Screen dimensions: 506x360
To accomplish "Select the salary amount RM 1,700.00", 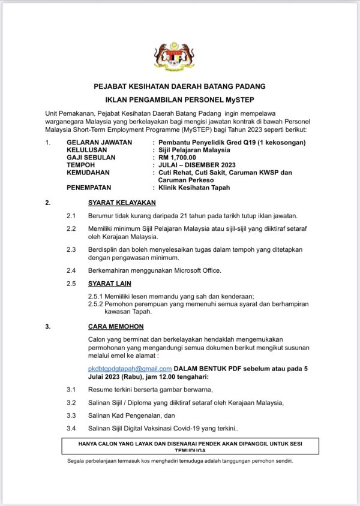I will [177, 157].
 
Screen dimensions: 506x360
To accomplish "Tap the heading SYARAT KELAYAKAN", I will [122, 203].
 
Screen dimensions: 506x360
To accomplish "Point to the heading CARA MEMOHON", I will [116, 327].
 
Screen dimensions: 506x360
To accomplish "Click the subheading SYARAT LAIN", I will [110, 283].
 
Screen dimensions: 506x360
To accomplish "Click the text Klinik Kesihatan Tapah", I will [194, 187].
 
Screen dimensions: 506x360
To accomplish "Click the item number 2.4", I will [71, 270].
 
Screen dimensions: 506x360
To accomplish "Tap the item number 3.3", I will [71, 415].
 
